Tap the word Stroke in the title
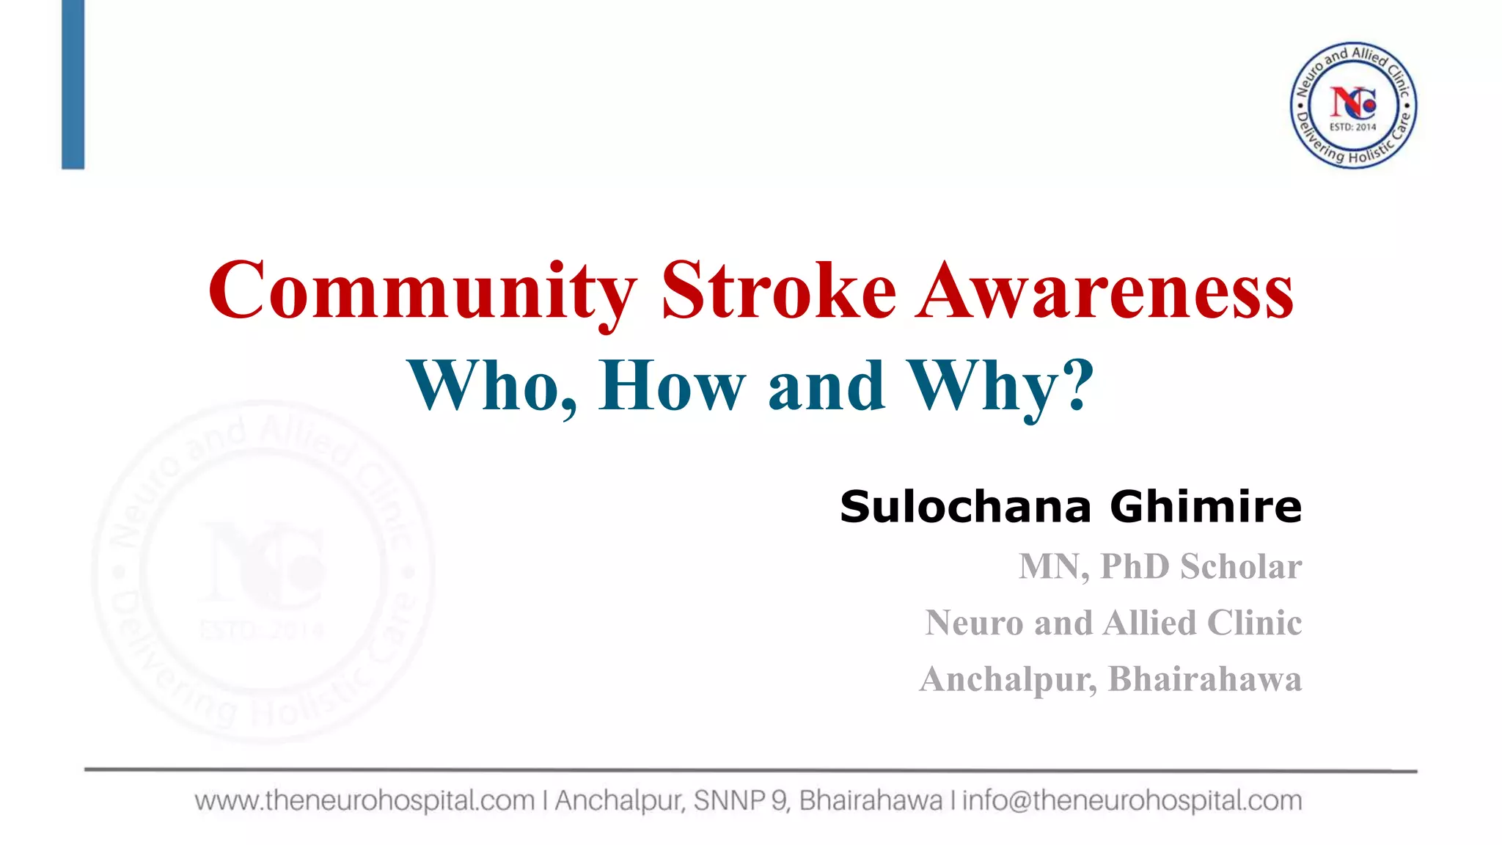778,292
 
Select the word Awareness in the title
1104,292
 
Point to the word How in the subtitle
671,387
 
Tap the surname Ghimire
1206,507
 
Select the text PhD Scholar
1201,566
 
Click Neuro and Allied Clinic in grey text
1113,623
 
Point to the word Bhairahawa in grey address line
1204,678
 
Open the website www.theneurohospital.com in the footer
364,800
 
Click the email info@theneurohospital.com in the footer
1132,800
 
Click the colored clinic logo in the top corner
1353,105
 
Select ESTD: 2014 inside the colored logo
1353,127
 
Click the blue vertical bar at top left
73,84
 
